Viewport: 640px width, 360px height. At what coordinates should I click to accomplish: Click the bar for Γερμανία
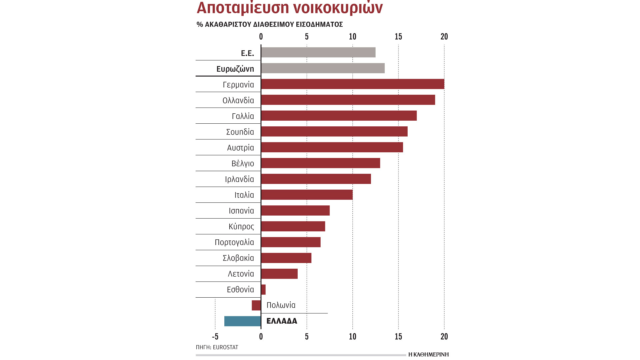click(x=352, y=84)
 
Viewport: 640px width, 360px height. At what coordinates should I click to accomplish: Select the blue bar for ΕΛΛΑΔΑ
click(x=243, y=321)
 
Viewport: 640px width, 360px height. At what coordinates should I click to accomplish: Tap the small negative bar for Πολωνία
click(x=256, y=305)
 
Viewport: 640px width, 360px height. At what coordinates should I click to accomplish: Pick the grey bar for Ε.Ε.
click(x=318, y=52)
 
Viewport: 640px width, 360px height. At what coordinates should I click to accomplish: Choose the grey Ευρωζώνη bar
click(x=323, y=68)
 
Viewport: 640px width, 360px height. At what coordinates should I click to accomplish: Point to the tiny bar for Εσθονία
click(x=263, y=290)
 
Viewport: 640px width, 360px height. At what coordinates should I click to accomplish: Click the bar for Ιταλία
click(x=307, y=195)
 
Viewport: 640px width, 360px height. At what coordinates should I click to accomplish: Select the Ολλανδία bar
click(x=348, y=100)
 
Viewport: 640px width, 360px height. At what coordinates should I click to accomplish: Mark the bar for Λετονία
click(x=279, y=274)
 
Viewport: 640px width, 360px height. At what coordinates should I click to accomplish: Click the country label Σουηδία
click(x=240, y=132)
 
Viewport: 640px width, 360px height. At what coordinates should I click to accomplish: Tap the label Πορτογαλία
click(x=234, y=242)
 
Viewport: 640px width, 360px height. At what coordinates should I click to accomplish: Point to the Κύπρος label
click(x=241, y=227)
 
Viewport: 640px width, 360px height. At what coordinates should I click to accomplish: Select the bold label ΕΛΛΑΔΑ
click(x=282, y=321)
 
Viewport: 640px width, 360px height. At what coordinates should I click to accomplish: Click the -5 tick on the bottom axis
click(x=215, y=337)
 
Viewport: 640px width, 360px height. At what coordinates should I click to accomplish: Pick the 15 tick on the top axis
click(x=398, y=37)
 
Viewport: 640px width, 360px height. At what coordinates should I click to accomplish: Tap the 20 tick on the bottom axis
click(x=444, y=337)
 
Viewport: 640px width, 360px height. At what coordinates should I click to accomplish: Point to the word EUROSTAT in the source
click(x=225, y=347)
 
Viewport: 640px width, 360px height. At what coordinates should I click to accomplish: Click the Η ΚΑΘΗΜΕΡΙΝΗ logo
click(x=428, y=354)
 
